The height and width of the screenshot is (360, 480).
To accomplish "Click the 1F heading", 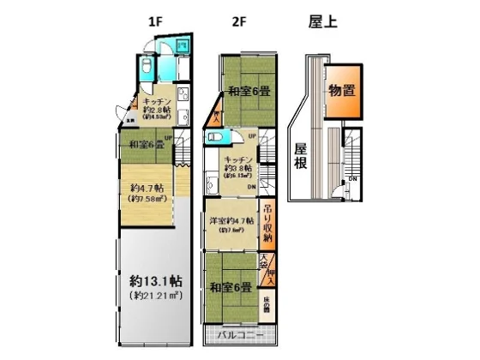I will pos(154,21).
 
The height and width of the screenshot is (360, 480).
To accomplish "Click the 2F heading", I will pos(241,21).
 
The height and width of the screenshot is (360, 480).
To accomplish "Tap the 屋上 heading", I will pos(322,21).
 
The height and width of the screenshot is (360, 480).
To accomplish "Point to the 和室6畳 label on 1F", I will pos(147,145).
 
